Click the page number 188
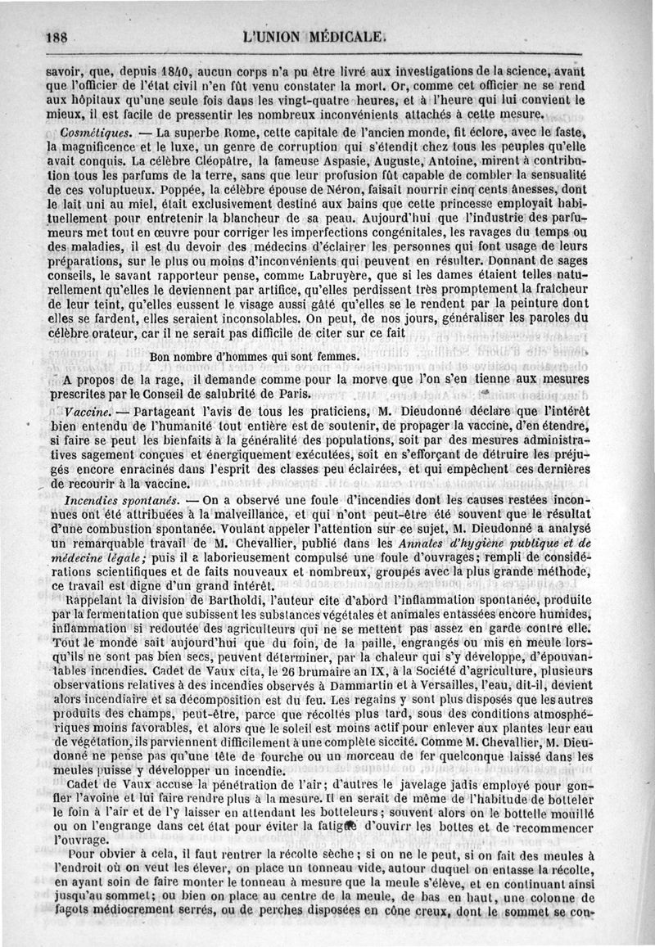[58, 37]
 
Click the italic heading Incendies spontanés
[120, 498]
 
